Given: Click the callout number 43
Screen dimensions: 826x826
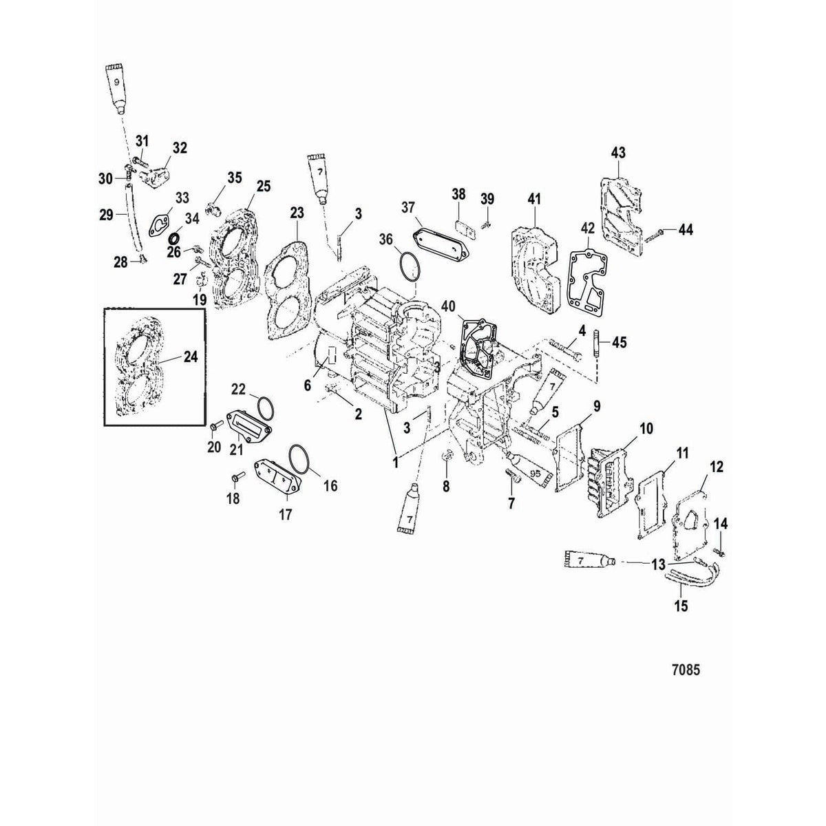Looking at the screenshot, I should click(617, 151).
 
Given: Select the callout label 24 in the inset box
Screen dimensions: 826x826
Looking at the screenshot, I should click(189, 357).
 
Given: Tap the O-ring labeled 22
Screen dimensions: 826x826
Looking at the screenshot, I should click(261, 407).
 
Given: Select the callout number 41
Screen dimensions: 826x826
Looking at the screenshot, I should click(534, 200).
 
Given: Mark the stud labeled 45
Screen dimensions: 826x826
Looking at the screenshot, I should click(596, 342).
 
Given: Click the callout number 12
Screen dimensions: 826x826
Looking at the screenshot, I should click(716, 467).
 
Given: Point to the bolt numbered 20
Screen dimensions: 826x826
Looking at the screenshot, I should click(213, 428).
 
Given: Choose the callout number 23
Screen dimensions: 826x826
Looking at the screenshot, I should click(296, 214).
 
